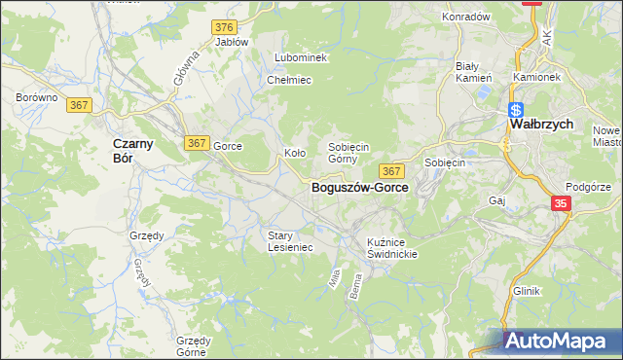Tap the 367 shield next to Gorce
[x=196, y=143]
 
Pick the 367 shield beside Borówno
[x=80, y=105]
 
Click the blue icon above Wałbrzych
[x=516, y=109]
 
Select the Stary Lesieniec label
[x=290, y=240]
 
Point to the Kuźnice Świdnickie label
[x=392, y=247]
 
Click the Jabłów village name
[x=232, y=43]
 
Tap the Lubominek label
[x=301, y=58]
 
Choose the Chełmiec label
[x=288, y=80]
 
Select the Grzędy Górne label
[x=193, y=346]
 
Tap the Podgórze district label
[x=587, y=187]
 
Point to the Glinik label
[x=527, y=291]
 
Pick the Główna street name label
[x=187, y=71]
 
